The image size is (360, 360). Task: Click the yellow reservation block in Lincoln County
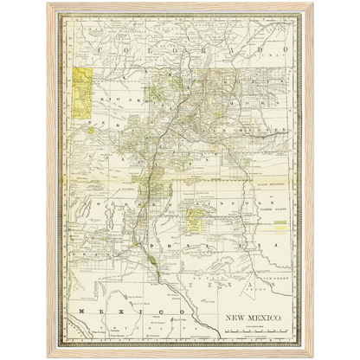[190, 222]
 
